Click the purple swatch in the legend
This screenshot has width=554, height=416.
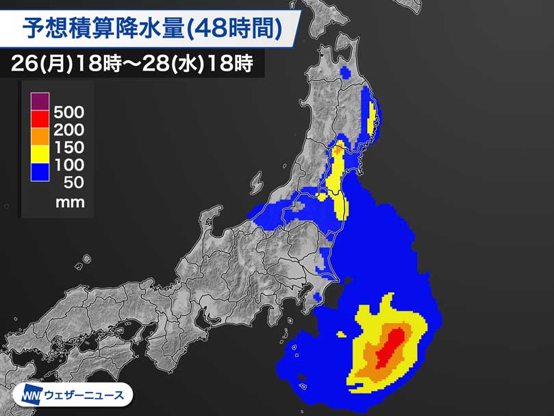(40, 101)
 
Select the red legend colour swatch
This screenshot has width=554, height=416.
(40, 119)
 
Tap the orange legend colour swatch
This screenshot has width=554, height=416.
(40, 137)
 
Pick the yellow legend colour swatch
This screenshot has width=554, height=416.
(40, 155)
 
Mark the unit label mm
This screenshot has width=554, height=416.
(70, 202)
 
